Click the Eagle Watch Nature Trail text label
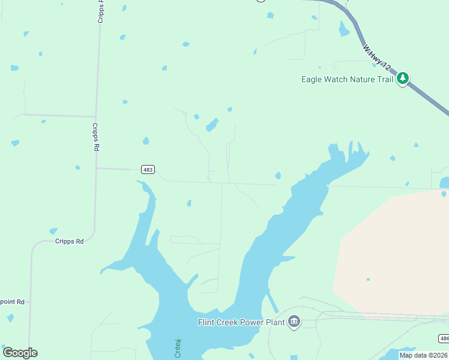[x=347, y=79]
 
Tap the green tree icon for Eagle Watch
[x=403, y=78]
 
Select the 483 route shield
[x=148, y=170]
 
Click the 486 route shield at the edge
[x=444, y=338]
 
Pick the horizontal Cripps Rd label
[x=69, y=241]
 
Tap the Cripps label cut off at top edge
[x=101, y=11]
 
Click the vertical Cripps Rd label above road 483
[x=95, y=137]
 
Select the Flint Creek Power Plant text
[x=241, y=322]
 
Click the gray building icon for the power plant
[x=294, y=322]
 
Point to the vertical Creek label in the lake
[x=178, y=349]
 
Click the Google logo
[x=20, y=353]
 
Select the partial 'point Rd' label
[x=12, y=302]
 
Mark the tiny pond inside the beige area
[x=368, y=279]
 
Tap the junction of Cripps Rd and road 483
[x=96, y=169]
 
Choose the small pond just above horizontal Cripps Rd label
[x=53, y=231]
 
